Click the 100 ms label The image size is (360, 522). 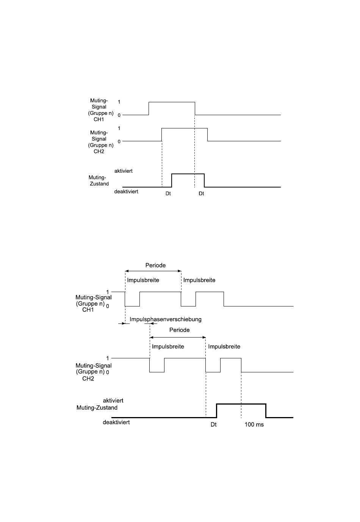254,425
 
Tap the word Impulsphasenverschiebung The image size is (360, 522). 166,319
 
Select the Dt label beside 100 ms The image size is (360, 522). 214,425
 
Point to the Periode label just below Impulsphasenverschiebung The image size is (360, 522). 179,330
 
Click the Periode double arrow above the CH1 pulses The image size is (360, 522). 153,271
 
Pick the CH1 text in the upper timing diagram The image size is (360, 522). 99,119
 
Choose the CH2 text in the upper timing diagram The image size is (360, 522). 99,152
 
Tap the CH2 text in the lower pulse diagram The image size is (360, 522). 88,378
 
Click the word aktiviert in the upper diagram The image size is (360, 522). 124,171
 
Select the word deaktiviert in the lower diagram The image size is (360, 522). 116,422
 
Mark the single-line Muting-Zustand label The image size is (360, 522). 97,408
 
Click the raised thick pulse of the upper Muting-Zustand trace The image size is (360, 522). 188,174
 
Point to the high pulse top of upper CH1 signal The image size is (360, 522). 172,102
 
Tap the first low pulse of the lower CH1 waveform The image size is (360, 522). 132,305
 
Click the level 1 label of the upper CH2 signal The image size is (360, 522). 119,128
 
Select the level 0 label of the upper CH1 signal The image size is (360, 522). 119,115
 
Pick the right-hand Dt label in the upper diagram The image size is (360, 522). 201,194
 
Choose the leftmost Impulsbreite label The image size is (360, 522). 143,280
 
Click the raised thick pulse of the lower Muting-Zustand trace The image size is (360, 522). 241,404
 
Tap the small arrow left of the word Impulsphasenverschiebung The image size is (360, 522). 122,324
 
